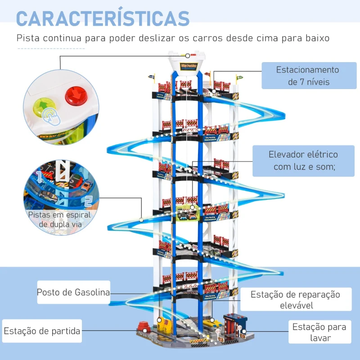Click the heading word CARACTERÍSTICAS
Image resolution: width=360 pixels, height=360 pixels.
(x=103, y=18)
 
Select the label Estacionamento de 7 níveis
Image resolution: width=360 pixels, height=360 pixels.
(x=307, y=76)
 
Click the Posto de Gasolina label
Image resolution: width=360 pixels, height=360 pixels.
(x=73, y=292)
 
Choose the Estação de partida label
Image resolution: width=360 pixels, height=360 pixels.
(x=42, y=331)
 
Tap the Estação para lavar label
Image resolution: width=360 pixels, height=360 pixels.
(x=319, y=332)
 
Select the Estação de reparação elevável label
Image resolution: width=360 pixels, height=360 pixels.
(x=295, y=300)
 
